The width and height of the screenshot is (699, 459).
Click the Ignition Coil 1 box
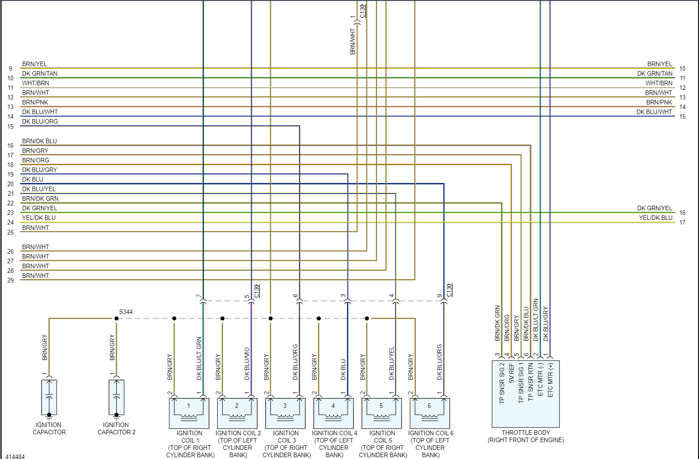tap(189, 413)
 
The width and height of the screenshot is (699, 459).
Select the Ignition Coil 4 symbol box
tap(333, 413)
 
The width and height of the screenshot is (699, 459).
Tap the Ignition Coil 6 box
tap(429, 413)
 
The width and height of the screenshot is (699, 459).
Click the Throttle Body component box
tap(526, 394)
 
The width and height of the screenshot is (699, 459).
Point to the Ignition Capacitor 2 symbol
tap(116, 397)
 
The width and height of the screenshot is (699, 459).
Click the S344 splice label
tap(126, 312)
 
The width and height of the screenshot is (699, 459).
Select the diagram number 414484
tap(15, 456)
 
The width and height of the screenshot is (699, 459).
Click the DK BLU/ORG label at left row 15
tap(40, 121)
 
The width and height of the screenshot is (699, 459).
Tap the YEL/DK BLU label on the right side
tap(656, 218)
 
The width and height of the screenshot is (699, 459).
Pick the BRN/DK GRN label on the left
tap(40, 198)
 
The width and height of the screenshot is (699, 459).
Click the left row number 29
tap(10, 280)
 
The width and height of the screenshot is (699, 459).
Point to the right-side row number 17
tap(682, 223)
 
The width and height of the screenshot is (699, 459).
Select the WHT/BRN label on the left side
tap(36, 83)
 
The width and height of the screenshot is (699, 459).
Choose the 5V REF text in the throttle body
tap(511, 374)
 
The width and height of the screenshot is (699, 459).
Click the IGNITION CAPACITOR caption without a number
tap(49, 428)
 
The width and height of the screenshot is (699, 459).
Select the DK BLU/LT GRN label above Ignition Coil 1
tap(199, 359)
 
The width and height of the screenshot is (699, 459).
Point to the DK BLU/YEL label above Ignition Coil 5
tap(391, 364)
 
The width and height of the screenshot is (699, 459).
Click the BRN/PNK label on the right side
tap(659, 102)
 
